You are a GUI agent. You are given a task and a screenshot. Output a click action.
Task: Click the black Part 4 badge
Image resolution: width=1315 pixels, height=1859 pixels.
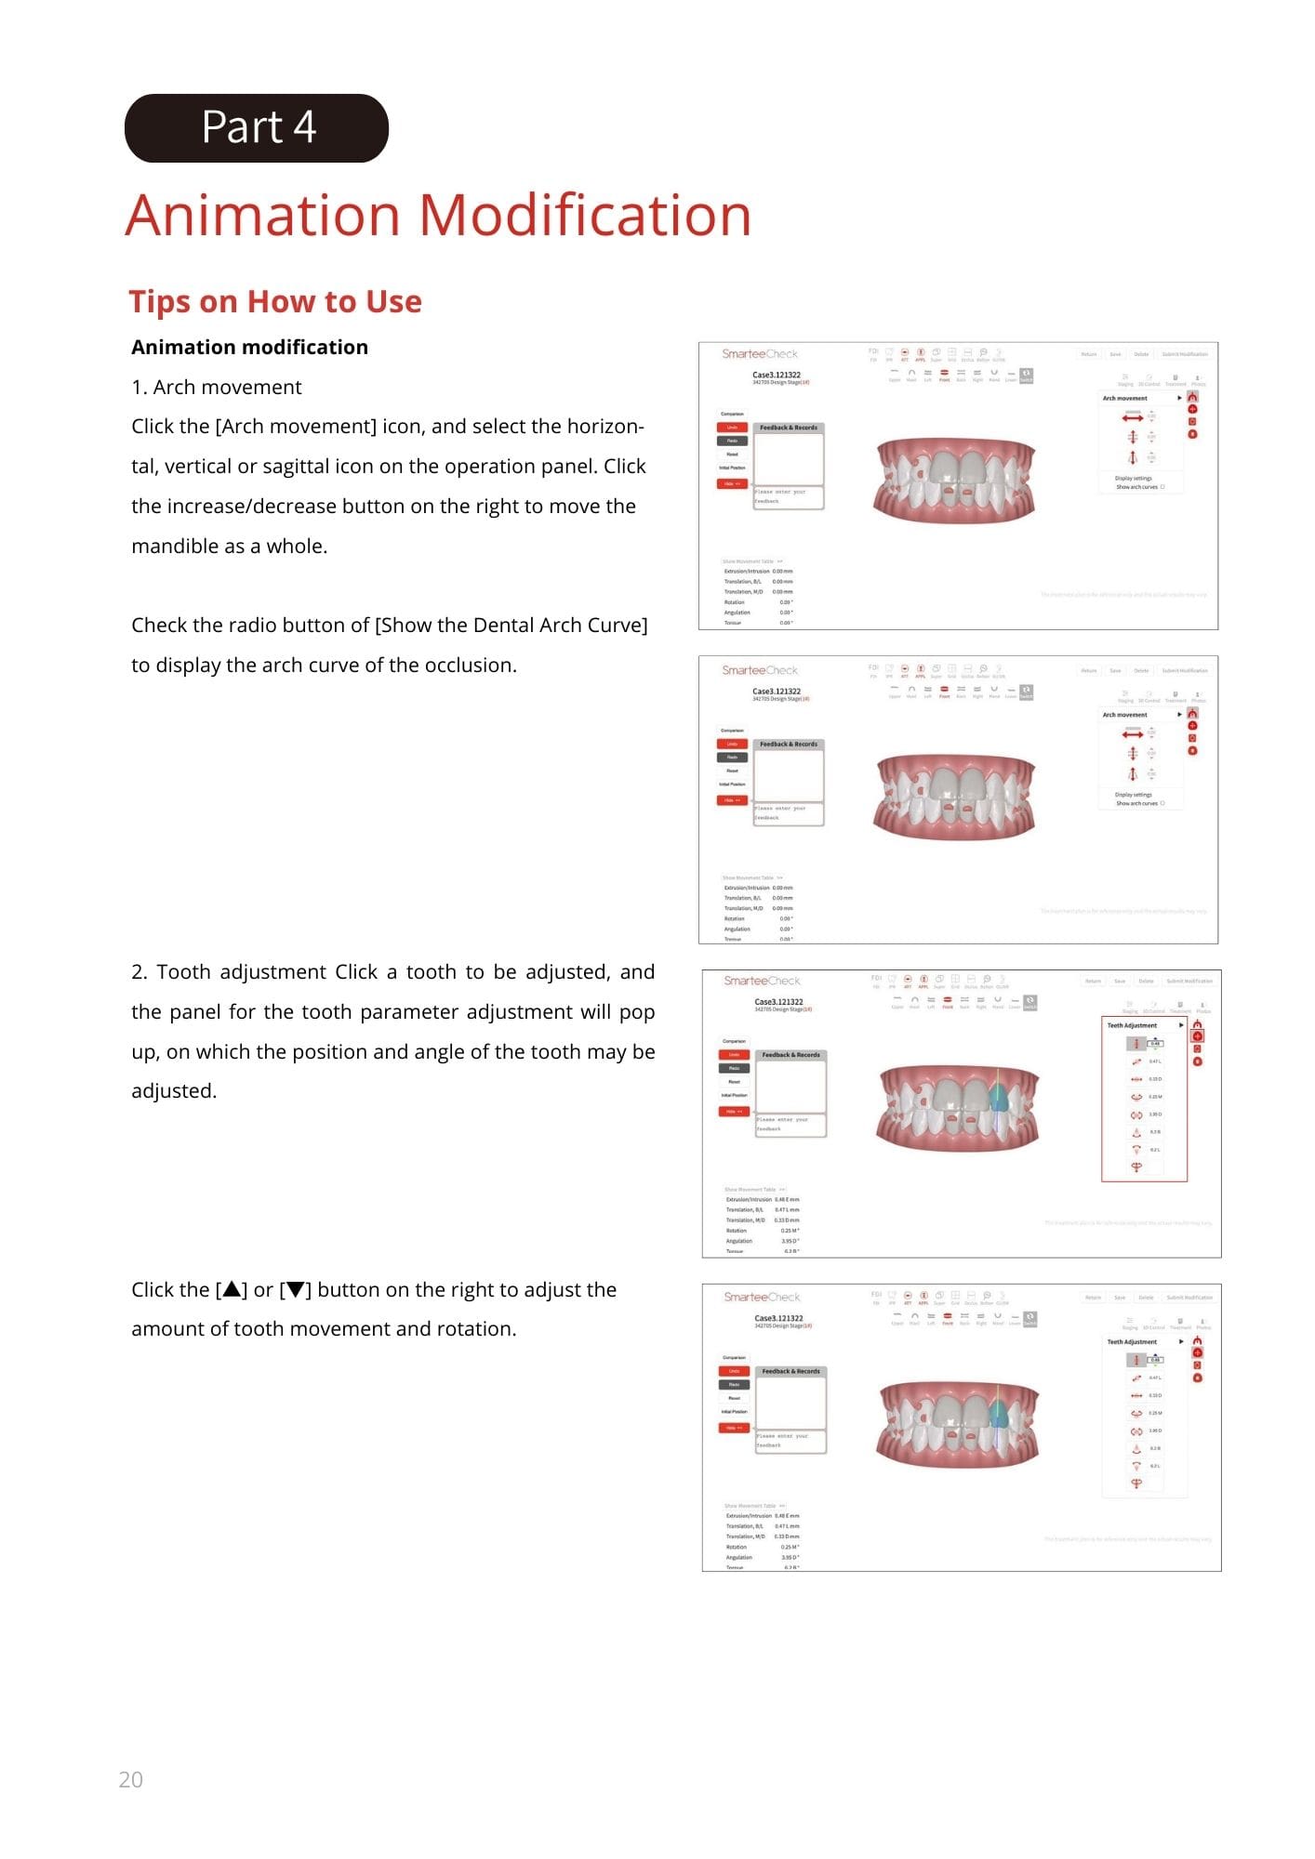pos(257,128)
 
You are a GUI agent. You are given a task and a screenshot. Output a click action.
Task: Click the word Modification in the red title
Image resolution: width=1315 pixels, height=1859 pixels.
pos(585,215)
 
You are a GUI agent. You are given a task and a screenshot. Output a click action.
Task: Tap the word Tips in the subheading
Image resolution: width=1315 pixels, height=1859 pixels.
pos(159,301)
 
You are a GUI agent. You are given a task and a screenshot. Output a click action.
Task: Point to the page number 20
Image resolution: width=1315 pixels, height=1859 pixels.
pos(130,1779)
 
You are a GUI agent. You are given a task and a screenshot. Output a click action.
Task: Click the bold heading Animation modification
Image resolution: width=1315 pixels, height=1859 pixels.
pos(249,347)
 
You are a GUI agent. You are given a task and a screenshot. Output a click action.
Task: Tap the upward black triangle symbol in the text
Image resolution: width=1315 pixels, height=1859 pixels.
pos(232,1289)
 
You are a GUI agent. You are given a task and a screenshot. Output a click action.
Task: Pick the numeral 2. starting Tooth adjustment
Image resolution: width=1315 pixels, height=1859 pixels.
pos(139,971)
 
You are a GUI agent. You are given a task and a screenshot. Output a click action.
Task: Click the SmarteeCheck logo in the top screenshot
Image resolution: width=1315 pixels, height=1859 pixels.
pos(760,354)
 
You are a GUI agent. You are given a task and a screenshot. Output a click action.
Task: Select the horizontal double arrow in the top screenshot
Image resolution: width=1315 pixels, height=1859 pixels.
pos(1133,419)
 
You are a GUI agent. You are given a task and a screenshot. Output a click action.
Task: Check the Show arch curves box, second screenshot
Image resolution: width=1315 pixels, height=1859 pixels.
pos(1162,803)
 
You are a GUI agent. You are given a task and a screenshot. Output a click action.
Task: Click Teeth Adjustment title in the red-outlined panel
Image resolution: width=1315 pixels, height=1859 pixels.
pos(1132,1025)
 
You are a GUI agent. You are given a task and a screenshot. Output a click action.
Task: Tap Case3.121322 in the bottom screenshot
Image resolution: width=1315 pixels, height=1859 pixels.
pos(778,1318)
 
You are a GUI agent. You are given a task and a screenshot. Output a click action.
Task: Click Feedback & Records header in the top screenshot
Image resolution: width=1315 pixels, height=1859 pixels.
pos(789,428)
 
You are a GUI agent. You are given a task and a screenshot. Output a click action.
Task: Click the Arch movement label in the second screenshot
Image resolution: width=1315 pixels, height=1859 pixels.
pos(1125,715)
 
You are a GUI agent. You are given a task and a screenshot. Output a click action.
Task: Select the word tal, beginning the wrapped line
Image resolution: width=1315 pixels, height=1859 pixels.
pos(145,466)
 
